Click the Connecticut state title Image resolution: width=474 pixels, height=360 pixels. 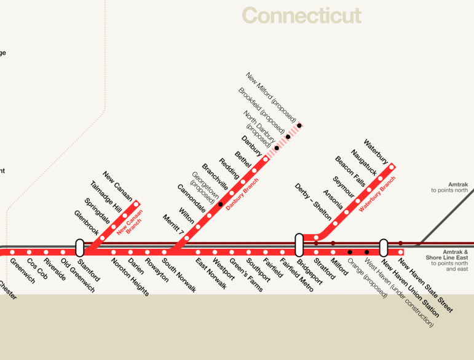(301, 14)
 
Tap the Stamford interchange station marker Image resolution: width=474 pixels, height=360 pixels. (79, 248)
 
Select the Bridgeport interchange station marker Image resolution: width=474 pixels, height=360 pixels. (299, 244)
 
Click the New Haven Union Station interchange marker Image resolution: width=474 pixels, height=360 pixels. (384, 248)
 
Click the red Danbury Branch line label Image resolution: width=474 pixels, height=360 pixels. (243, 195)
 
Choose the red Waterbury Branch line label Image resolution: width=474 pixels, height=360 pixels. (377, 194)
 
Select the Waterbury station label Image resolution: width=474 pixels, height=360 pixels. (376, 151)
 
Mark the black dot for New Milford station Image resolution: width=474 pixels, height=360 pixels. (299, 126)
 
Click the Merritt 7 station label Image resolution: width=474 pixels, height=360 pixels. (173, 225)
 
